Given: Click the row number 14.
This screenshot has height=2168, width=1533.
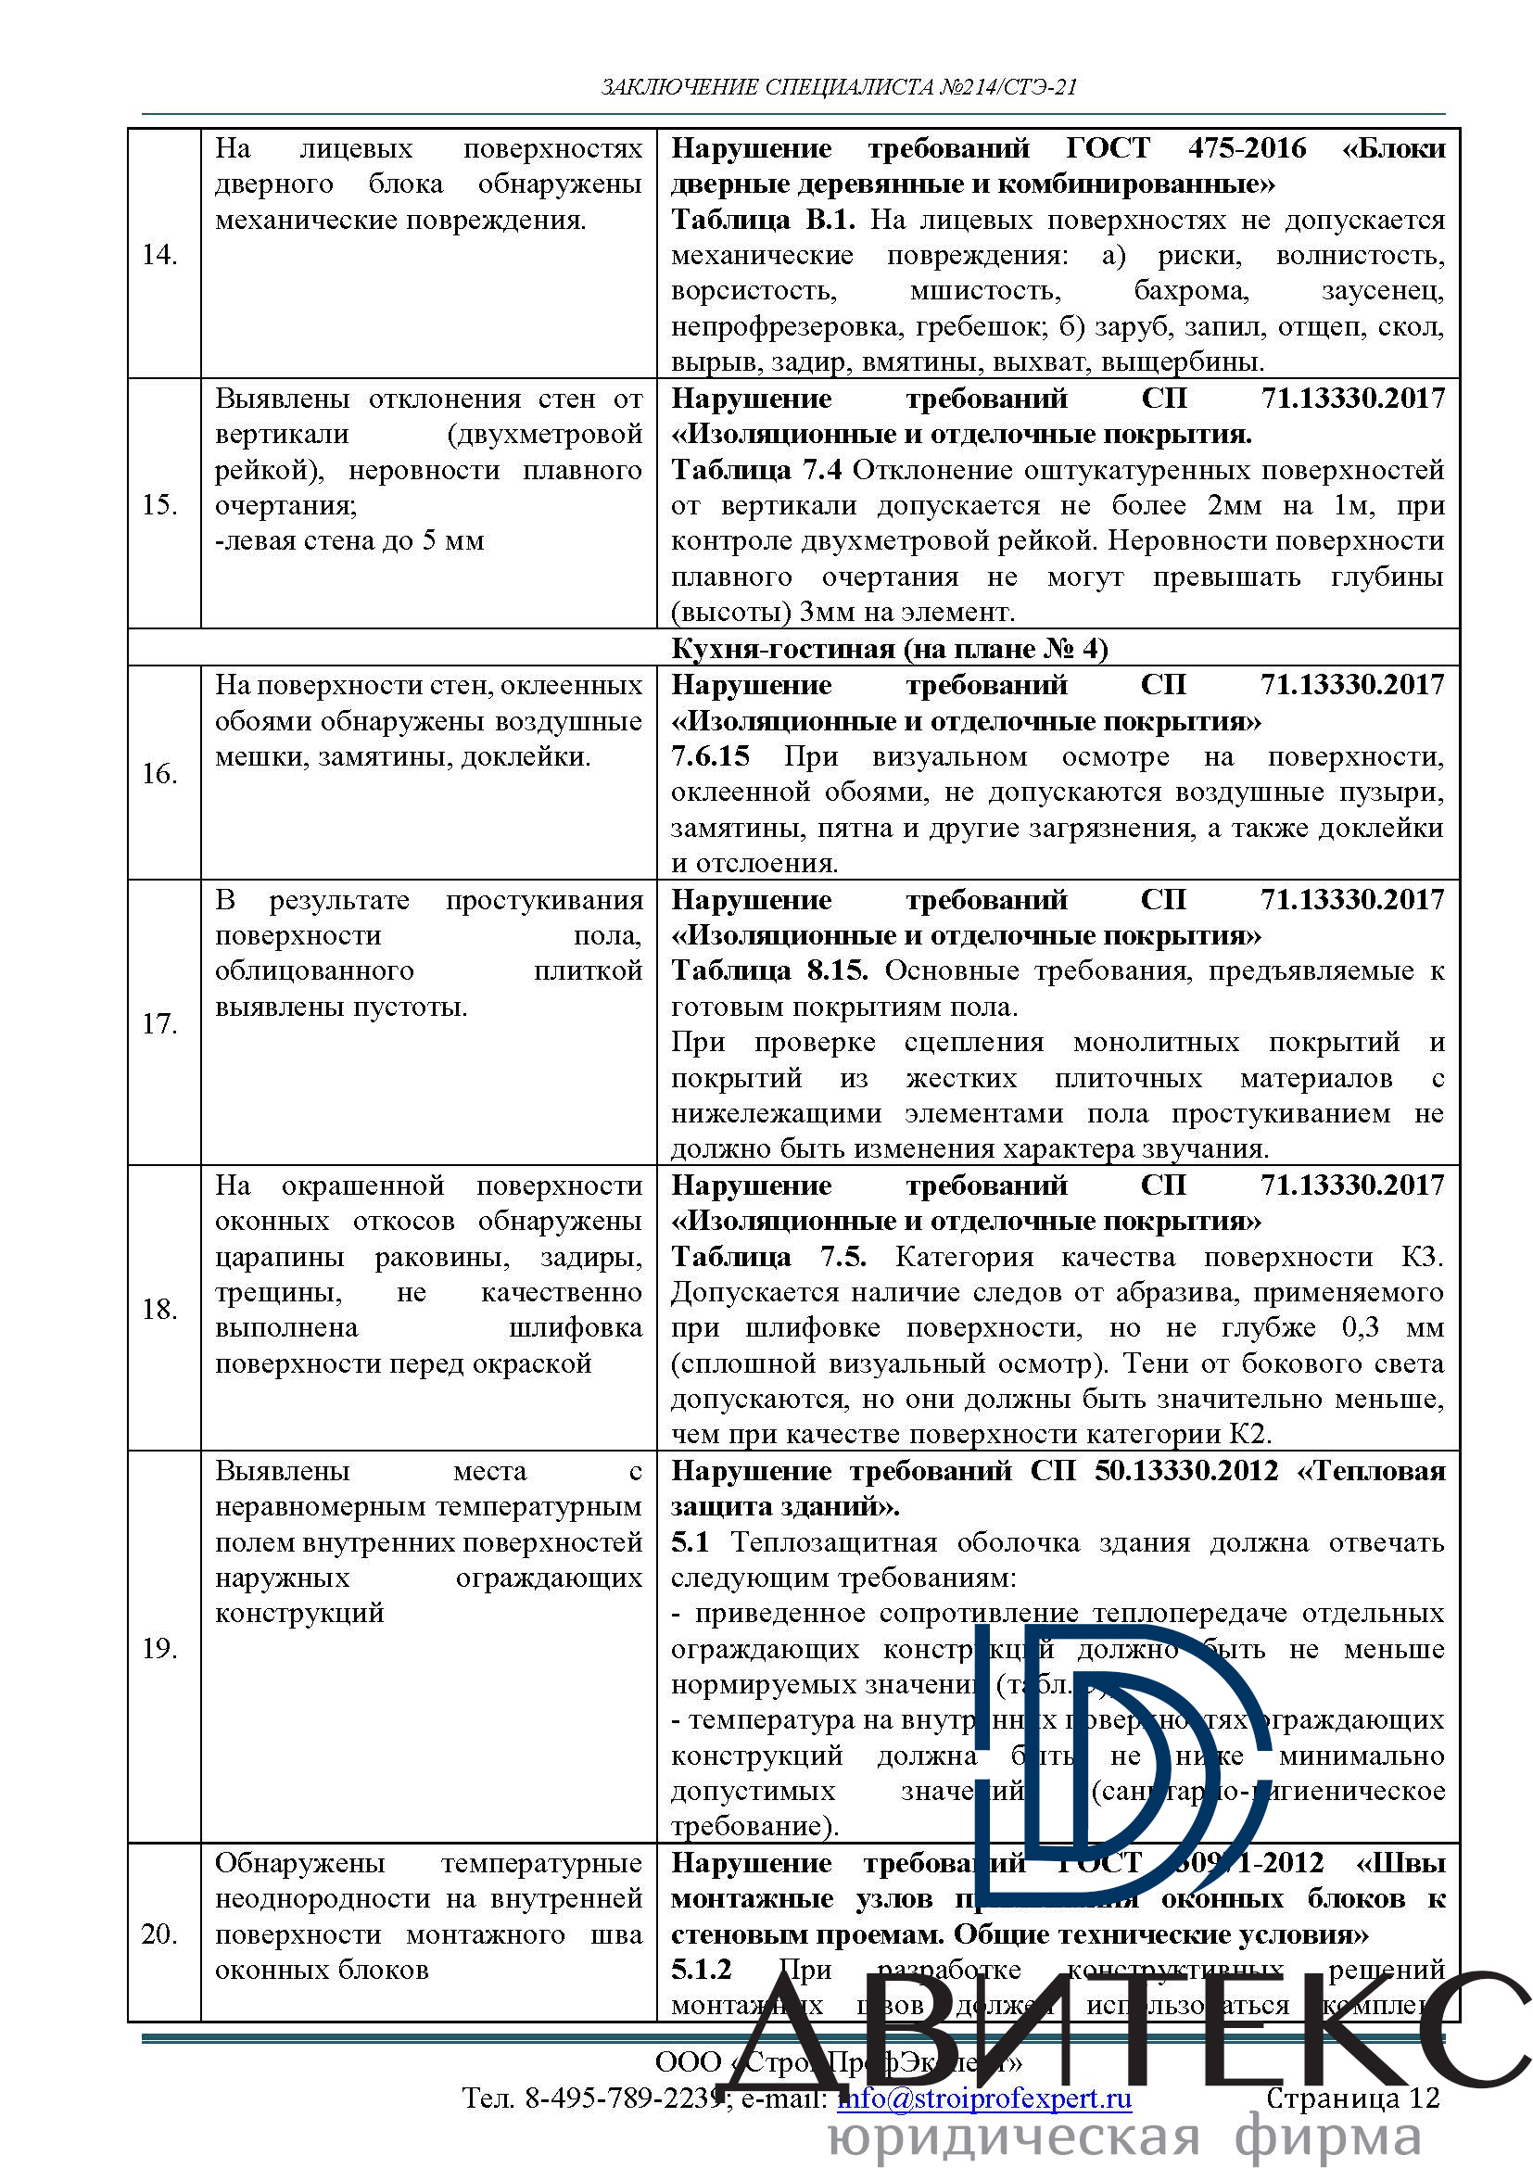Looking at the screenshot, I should pos(158,254).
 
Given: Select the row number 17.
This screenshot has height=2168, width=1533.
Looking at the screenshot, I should pos(158,1023).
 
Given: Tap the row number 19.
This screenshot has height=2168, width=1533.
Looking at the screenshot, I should pos(158,1648).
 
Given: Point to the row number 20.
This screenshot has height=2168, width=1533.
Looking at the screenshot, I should pos(158,1933).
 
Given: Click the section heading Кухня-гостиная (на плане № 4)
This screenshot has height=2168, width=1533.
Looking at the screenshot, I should pos(889,649).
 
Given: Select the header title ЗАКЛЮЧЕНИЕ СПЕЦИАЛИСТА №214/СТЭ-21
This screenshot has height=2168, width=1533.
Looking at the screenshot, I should pos(838,88).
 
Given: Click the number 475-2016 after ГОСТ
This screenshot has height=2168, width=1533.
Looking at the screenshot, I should pos(1247,148).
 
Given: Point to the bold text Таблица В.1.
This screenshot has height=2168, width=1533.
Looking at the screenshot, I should pos(763,220).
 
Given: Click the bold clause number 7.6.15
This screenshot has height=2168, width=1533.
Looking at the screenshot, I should pos(710,756).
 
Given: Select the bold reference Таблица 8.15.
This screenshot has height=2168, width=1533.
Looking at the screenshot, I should pos(768,970).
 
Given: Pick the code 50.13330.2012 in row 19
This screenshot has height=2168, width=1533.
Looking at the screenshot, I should pos(1185,1471).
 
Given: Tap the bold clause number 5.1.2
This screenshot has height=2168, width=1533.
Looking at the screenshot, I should pos(702,1970).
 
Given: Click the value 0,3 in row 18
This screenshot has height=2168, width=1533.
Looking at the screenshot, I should pos(1361,1327).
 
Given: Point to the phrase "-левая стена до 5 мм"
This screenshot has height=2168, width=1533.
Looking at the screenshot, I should pos(349,541).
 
